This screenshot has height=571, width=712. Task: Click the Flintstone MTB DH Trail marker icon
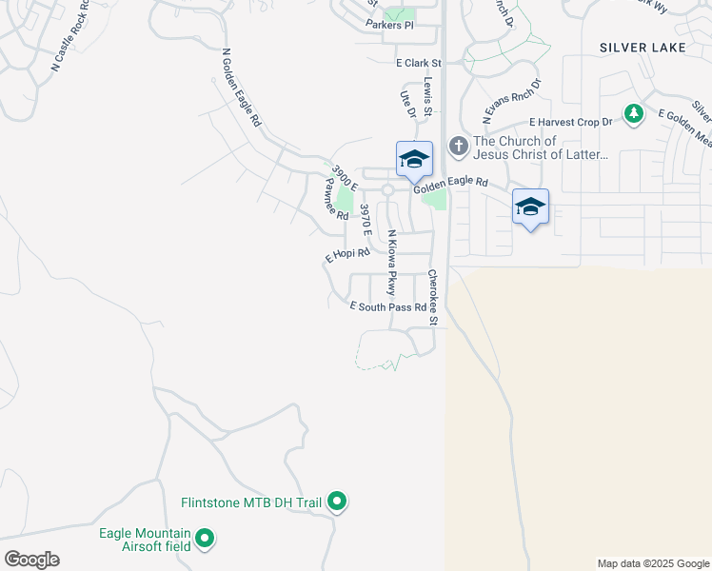point(337,501)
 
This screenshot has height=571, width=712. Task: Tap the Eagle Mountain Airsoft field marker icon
point(204,541)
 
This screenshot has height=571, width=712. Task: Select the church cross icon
point(459,147)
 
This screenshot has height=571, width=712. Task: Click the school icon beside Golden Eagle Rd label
point(414,159)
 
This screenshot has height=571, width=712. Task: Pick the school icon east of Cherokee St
point(530,207)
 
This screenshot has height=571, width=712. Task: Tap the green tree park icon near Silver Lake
point(633,114)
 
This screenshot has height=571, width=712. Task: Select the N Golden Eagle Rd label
point(241,89)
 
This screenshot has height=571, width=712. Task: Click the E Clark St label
point(420,63)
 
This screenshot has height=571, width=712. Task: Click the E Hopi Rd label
point(346,255)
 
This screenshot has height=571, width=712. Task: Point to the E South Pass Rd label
point(387,307)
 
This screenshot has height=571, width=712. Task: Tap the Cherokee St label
point(432,298)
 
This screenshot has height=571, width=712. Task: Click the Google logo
point(31,560)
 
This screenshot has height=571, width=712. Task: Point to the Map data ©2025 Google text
point(651,563)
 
